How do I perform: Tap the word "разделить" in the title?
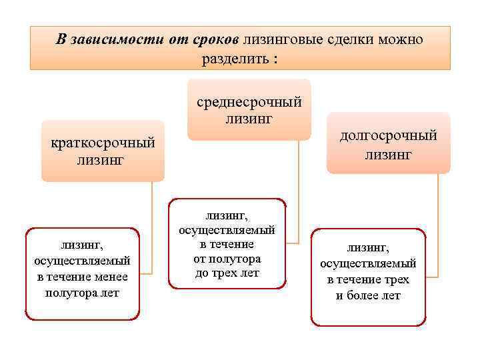pyautogui.click(x=233, y=58)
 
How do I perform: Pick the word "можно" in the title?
pyautogui.click(x=401, y=39)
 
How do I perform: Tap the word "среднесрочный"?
pyautogui.click(x=249, y=102)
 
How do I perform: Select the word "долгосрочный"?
pyautogui.click(x=389, y=136)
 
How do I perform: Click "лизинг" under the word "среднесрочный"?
pyautogui.click(x=249, y=119)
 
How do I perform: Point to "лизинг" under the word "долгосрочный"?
pyautogui.click(x=389, y=155)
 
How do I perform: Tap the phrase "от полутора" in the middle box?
pyautogui.click(x=227, y=259)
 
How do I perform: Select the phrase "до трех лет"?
pyautogui.click(x=227, y=273)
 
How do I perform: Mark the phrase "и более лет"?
pyautogui.click(x=368, y=295)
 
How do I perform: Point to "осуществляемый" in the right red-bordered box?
pyautogui.click(x=368, y=263)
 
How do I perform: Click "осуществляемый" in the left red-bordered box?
pyautogui.click(x=82, y=261)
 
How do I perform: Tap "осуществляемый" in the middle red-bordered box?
pyautogui.click(x=227, y=229)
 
